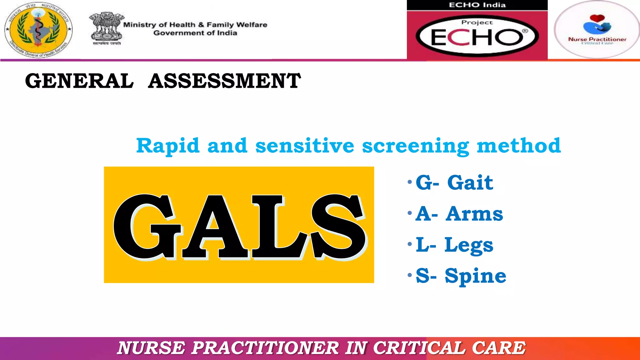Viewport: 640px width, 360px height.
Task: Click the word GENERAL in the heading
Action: (79, 81)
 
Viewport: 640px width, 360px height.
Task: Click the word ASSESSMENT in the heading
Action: (224, 81)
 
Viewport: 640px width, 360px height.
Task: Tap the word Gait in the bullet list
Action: (470, 182)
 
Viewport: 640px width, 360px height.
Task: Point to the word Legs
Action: (469, 245)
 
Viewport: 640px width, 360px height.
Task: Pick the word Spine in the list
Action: (475, 276)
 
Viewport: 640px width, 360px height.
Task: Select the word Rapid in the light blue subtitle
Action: (168, 146)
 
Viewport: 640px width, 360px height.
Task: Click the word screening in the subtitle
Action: (416, 146)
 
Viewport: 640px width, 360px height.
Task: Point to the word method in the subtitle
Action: (519, 146)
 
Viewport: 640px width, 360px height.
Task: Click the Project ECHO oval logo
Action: (477, 36)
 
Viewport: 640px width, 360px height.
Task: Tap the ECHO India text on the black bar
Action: (477, 5)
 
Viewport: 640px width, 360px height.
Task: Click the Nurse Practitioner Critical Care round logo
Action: (597, 29)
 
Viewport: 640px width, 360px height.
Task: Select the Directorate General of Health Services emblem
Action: (38, 30)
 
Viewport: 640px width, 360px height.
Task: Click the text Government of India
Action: (195, 33)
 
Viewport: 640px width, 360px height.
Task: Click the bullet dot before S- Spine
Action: (410, 275)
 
